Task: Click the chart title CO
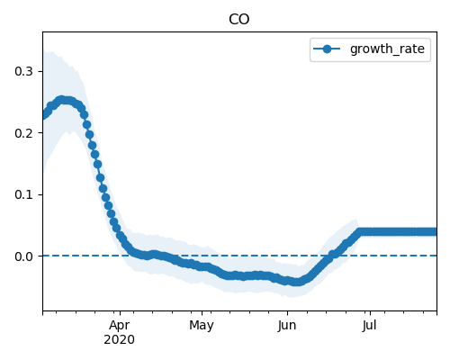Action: pos(239,20)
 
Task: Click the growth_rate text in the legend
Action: pos(387,49)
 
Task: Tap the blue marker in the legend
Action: pos(327,49)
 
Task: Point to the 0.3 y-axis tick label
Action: pos(23,71)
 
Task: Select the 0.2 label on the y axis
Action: pos(23,133)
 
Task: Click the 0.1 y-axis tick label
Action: pos(23,194)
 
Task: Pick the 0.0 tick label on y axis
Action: pos(23,256)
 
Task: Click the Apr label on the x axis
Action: pos(120,326)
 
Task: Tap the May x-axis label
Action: pos(202,326)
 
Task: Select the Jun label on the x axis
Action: pos(287,326)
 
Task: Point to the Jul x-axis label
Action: pos(369,326)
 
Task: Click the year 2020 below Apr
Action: pos(120,340)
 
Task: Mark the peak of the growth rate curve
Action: pos(62,100)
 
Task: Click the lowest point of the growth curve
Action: pos(297,282)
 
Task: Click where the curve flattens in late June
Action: pos(361,231)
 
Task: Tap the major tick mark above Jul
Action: pos(370,313)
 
